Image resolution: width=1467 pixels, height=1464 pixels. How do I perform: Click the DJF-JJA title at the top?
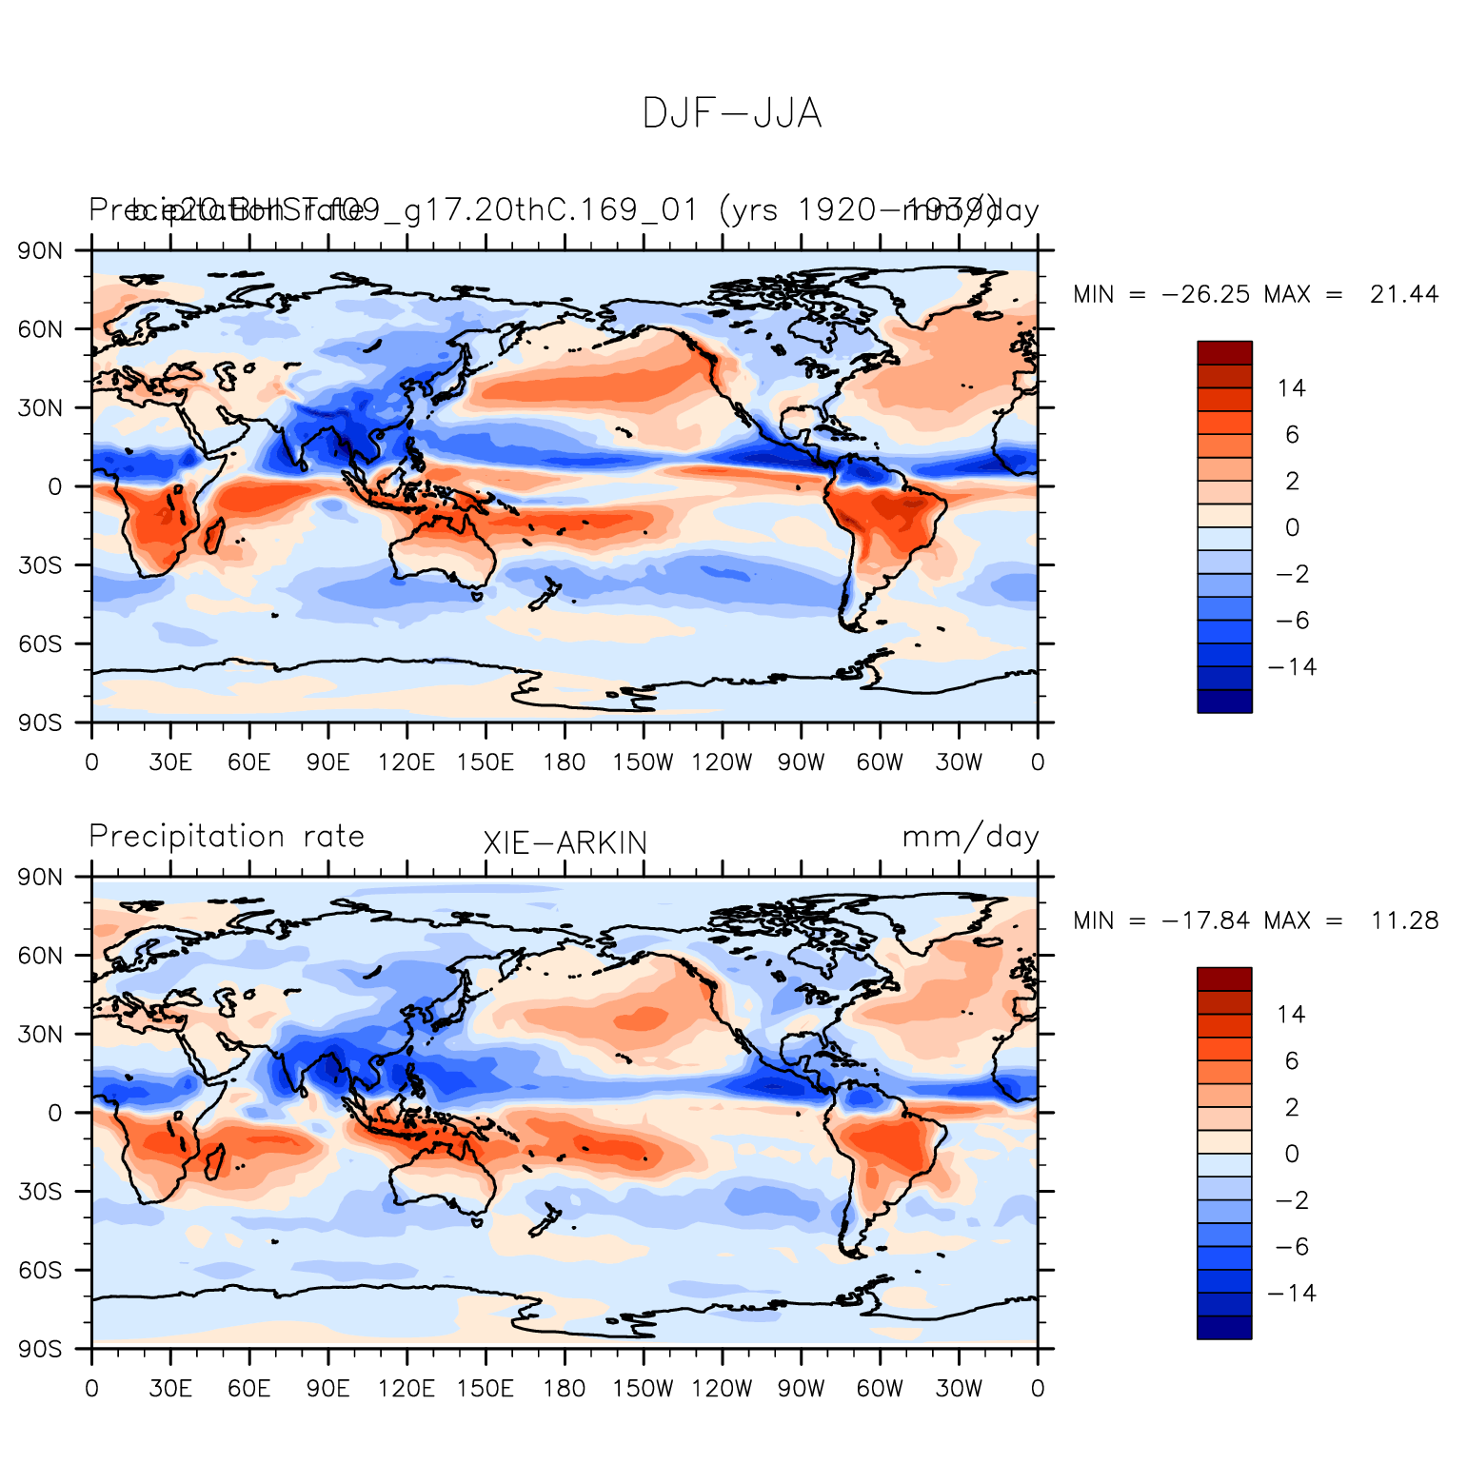tap(731, 114)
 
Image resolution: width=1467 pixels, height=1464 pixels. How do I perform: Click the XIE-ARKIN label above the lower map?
tap(565, 843)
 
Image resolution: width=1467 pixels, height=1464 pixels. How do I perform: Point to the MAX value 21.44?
tap(1404, 295)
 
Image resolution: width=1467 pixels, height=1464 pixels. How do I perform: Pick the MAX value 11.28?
tap(1404, 921)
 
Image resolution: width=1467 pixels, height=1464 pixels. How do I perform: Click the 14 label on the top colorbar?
tap(1292, 388)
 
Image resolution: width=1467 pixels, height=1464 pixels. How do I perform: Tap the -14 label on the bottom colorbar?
tap(1292, 1294)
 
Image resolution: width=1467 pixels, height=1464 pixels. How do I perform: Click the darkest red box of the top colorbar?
tap(1224, 352)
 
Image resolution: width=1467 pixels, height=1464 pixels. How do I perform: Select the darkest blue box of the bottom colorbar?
tap(1224, 1328)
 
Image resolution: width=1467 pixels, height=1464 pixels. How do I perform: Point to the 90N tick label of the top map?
tap(42, 251)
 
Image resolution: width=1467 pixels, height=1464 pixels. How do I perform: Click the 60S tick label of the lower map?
tap(42, 1271)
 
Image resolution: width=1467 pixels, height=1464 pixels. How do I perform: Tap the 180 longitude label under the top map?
tap(565, 762)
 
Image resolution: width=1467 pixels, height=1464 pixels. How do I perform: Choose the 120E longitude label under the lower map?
tap(406, 1389)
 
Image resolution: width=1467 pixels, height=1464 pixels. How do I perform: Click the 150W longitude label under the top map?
tap(643, 762)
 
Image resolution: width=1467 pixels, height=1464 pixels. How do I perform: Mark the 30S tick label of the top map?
tap(42, 565)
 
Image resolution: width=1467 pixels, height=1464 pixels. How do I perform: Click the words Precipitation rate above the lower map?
tap(227, 837)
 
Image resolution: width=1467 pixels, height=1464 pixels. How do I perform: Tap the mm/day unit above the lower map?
tap(970, 838)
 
